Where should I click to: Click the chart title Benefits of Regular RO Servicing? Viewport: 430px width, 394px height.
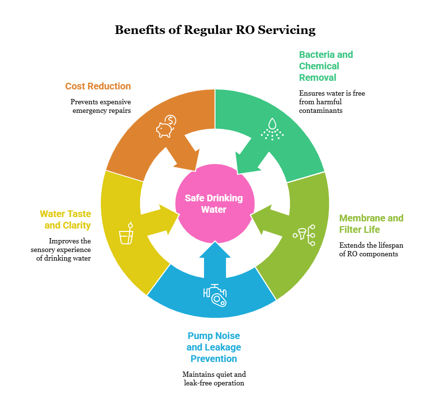pos(215,30)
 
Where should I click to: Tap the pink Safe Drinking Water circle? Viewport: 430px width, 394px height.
pos(214,203)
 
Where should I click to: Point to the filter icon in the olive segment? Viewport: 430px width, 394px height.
pos(305,235)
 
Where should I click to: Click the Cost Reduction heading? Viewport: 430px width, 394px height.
pos(98,86)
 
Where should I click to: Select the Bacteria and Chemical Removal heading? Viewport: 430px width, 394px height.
pos(326,66)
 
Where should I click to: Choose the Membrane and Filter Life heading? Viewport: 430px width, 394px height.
pos(371,224)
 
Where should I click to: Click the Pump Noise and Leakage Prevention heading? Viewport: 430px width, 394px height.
pos(214,347)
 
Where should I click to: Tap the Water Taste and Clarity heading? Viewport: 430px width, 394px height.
pos(65,219)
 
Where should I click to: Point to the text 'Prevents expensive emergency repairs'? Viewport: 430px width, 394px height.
pos(100,106)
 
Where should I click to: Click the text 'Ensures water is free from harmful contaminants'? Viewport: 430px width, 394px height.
pos(332,102)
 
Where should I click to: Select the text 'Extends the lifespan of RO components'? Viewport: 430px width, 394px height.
pos(371,250)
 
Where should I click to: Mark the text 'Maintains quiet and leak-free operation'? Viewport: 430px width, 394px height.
pos(214,378)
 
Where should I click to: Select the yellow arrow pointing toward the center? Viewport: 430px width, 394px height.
pos(160,221)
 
